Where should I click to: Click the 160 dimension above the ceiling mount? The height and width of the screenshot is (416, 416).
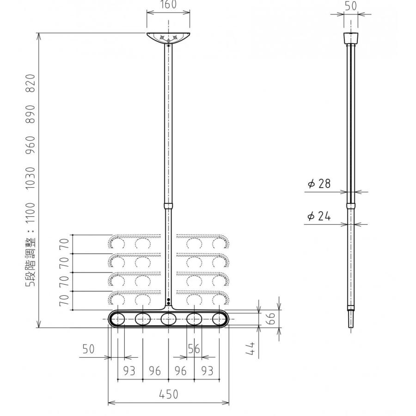(168, 5)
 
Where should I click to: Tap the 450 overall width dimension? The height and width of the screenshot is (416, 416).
(168, 394)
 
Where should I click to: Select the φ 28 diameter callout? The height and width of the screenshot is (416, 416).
(319, 184)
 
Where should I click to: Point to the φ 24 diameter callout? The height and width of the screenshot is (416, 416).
(319, 216)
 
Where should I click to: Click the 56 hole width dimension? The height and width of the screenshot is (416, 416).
(194, 349)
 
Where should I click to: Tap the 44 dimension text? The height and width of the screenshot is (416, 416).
(250, 349)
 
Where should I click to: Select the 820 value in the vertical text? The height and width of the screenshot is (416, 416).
(31, 83)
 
